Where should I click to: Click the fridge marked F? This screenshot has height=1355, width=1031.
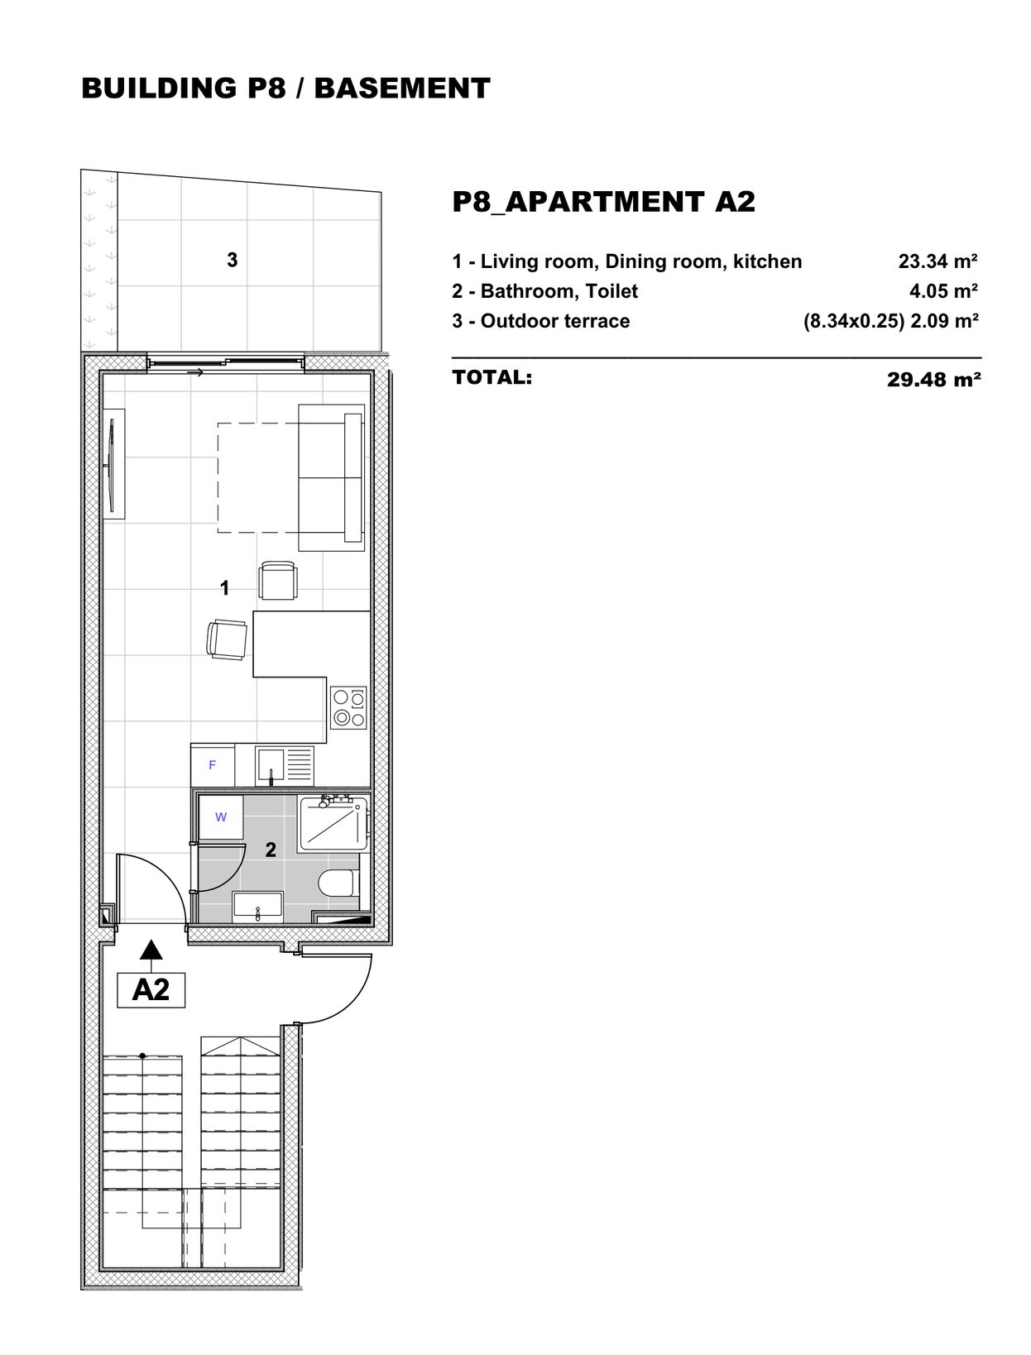(213, 765)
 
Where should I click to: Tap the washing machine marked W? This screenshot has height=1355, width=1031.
(220, 817)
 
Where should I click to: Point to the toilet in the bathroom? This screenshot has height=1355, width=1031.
(339, 883)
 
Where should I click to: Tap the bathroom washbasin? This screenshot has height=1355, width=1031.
(257, 907)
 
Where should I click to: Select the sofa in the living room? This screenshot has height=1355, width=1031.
(332, 477)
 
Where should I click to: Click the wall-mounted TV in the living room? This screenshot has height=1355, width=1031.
(113, 465)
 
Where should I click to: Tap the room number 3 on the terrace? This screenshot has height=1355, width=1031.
(233, 260)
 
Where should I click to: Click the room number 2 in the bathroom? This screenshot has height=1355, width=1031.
(271, 850)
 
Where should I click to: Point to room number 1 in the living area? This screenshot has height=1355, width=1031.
(225, 587)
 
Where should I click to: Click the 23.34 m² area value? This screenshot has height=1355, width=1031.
(937, 261)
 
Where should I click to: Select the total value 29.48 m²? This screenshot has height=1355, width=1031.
(933, 379)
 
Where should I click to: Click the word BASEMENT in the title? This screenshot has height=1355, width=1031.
(402, 89)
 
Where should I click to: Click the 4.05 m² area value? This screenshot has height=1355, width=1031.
(943, 290)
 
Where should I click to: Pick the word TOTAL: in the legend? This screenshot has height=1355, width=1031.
(492, 377)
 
